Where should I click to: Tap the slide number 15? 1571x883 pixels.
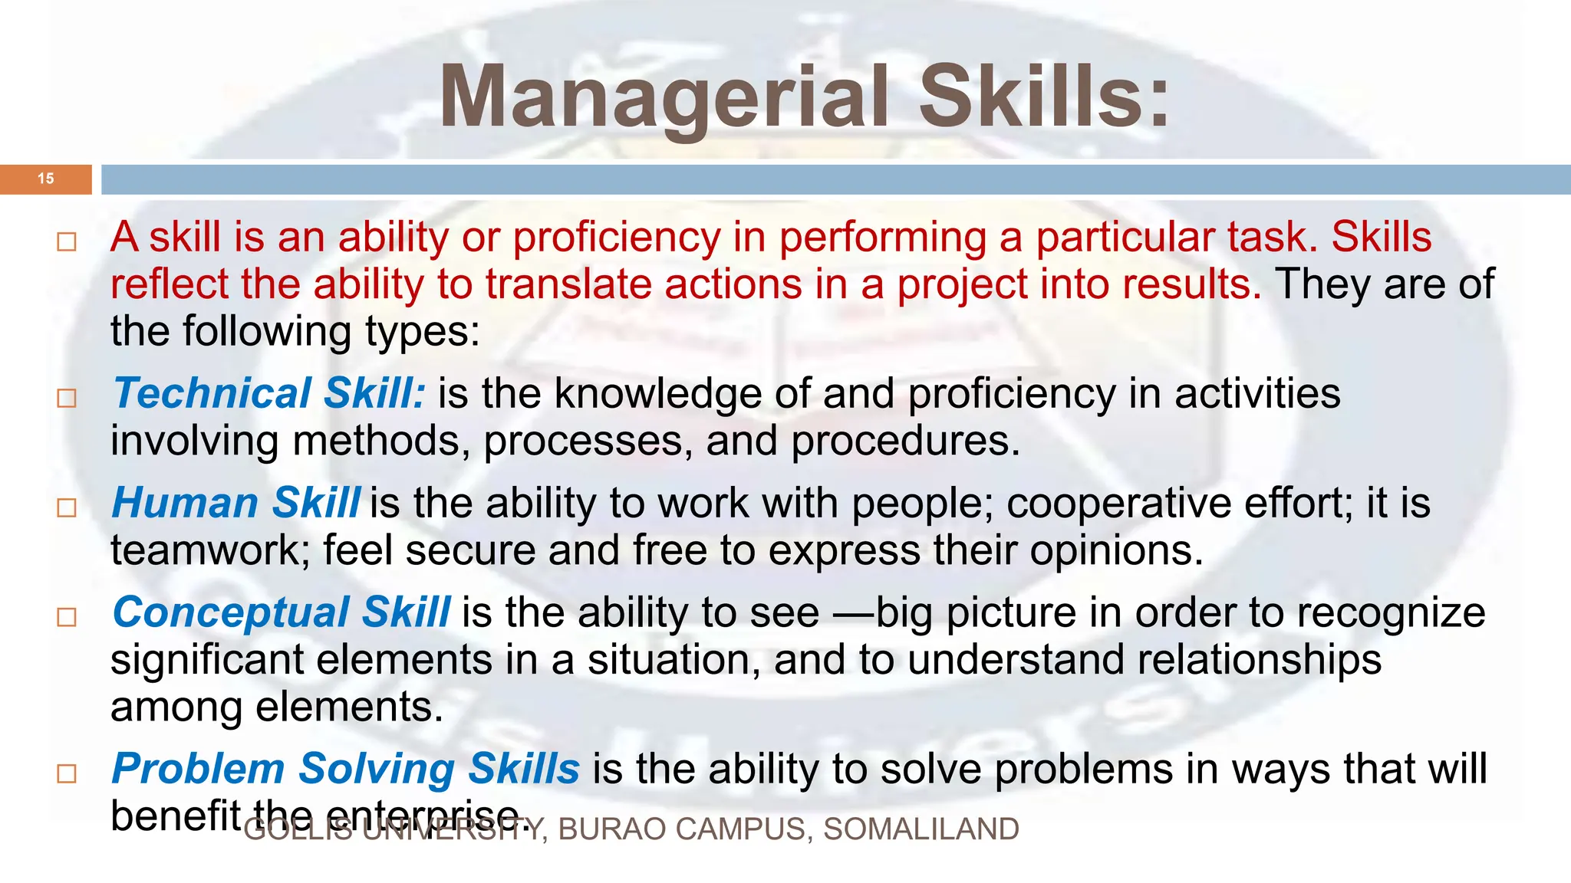46,179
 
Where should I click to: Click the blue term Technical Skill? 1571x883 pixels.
268,394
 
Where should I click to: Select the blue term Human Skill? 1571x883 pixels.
236,504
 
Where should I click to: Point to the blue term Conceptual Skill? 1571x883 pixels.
281,613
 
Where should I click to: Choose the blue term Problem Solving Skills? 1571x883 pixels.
345,769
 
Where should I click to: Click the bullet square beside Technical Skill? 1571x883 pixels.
67,398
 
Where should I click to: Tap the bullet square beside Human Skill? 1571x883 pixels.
67,507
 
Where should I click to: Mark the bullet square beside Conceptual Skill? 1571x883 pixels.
67,617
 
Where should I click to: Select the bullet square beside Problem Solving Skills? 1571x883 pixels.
67,773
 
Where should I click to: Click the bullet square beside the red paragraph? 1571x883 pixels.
67,242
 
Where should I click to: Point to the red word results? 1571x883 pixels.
1191,284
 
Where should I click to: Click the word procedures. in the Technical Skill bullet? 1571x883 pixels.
906,441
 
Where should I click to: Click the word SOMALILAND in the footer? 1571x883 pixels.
921,829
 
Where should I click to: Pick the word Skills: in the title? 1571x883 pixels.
1044,98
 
